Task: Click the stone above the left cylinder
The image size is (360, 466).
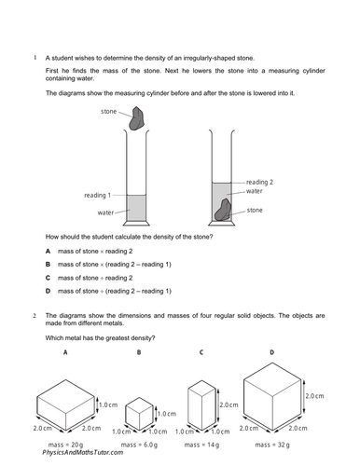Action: tap(137, 118)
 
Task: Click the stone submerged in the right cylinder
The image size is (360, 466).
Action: tap(223, 210)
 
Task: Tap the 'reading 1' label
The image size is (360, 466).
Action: tap(97, 196)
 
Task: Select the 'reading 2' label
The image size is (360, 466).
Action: tap(259, 182)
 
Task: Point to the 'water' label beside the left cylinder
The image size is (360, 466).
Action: tap(105, 212)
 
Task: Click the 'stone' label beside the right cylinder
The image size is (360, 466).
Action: tap(255, 211)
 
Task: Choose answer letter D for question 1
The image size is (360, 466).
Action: tap(48, 291)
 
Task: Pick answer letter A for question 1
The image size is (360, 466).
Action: tap(48, 251)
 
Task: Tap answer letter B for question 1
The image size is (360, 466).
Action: tap(48, 265)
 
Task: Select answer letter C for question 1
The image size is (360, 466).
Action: tap(48, 278)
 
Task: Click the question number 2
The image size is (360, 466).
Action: tap(35, 316)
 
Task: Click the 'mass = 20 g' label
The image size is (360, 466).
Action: tap(65, 445)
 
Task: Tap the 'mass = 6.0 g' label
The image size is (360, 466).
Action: tap(139, 445)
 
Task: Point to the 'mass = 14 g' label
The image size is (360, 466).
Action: tap(201, 445)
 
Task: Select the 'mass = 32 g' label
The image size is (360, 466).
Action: tap(272, 445)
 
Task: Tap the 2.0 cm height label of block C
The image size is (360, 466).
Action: tap(228, 405)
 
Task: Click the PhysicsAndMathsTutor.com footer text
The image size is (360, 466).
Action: tap(83, 453)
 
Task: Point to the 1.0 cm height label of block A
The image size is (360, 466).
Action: tap(108, 404)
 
